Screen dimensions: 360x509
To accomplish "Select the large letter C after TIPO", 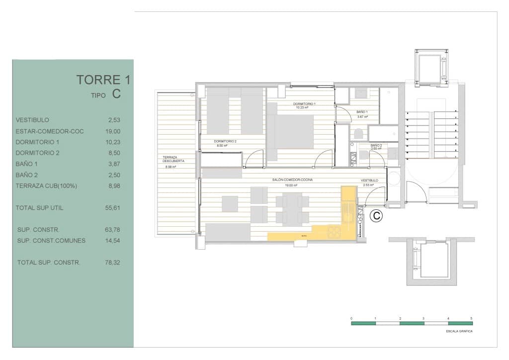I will tap(116, 94).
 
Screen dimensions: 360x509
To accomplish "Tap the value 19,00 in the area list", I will tap(114, 131).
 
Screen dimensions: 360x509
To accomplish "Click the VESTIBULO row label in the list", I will tap(32, 120).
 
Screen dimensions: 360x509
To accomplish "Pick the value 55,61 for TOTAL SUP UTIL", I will tap(113, 208).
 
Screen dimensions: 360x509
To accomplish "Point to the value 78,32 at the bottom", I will tap(113, 263).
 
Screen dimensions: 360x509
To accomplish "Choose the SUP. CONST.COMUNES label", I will tap(51, 241).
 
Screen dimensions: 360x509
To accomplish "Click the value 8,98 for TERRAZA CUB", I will tap(114, 186).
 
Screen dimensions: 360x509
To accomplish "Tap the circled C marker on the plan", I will tap(377, 216).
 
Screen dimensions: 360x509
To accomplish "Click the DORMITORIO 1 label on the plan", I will tap(306, 104).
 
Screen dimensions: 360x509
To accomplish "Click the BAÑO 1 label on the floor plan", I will tap(362, 112).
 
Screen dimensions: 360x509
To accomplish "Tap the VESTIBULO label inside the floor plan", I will tap(369, 180).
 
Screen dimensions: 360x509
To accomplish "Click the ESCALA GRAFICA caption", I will tap(459, 331).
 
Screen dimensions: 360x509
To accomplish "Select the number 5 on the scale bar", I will tap(471, 318).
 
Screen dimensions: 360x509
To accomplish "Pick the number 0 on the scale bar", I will tap(351, 318).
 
